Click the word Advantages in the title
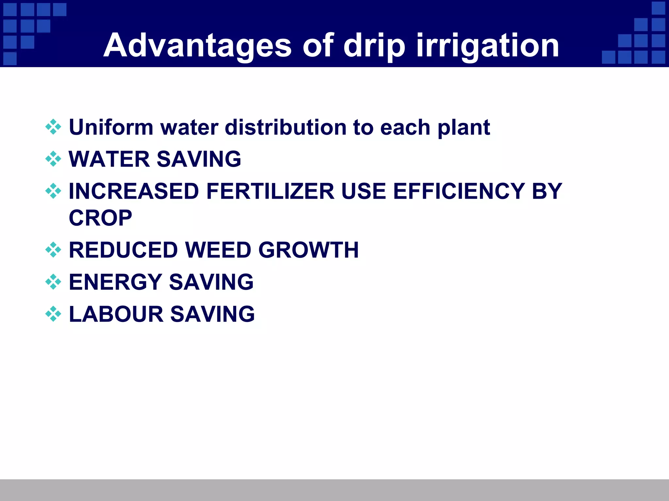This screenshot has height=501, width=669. coord(197,46)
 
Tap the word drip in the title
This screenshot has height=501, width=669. coord(374,46)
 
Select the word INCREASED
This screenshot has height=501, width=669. coord(134,191)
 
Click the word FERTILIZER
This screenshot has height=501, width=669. coord(270,191)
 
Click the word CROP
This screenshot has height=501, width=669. coord(101,218)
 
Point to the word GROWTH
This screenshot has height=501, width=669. coord(308,250)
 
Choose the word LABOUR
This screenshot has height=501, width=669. coord(116,314)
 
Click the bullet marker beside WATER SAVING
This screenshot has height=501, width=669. coord(53,159)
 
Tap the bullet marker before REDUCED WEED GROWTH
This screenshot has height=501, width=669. coord(53,250)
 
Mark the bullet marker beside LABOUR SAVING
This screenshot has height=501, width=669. coord(53,314)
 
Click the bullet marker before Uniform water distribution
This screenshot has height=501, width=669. coord(53,127)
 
